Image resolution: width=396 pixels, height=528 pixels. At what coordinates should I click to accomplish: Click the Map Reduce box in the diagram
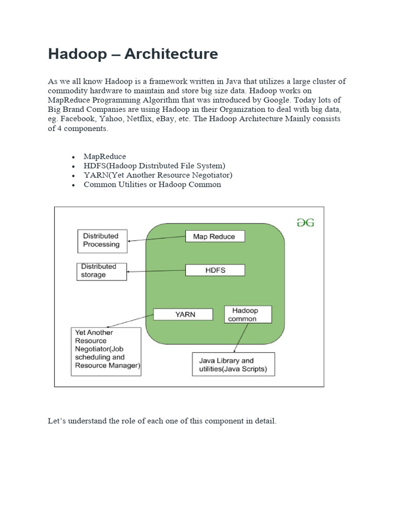pyautogui.click(x=214, y=237)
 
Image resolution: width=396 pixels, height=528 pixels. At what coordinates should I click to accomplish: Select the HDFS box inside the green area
pyautogui.click(x=215, y=270)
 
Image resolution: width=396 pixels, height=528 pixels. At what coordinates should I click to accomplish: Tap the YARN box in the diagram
pyautogui.click(x=183, y=314)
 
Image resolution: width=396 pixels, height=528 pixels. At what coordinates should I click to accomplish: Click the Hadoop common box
pyautogui.click(x=249, y=315)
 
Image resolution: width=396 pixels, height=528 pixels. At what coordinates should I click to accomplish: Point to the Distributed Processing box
pyautogui.click(x=102, y=240)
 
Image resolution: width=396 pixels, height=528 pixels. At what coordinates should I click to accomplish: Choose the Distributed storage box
pyautogui.click(x=102, y=271)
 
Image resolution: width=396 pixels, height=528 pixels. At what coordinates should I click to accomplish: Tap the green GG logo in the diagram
pyautogui.click(x=305, y=222)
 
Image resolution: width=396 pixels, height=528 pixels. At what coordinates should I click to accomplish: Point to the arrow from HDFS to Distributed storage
pyautogui.click(x=156, y=271)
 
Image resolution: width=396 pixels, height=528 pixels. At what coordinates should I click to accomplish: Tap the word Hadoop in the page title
pyautogui.click(x=76, y=54)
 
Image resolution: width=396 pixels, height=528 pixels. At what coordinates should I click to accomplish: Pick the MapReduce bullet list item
pyautogui.click(x=105, y=156)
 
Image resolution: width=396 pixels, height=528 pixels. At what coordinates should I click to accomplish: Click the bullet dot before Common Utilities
pyautogui.click(x=74, y=185)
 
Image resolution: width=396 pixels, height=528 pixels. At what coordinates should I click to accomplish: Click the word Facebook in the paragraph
pyautogui.click(x=78, y=119)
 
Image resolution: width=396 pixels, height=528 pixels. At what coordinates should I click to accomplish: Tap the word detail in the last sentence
pyautogui.click(x=265, y=421)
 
